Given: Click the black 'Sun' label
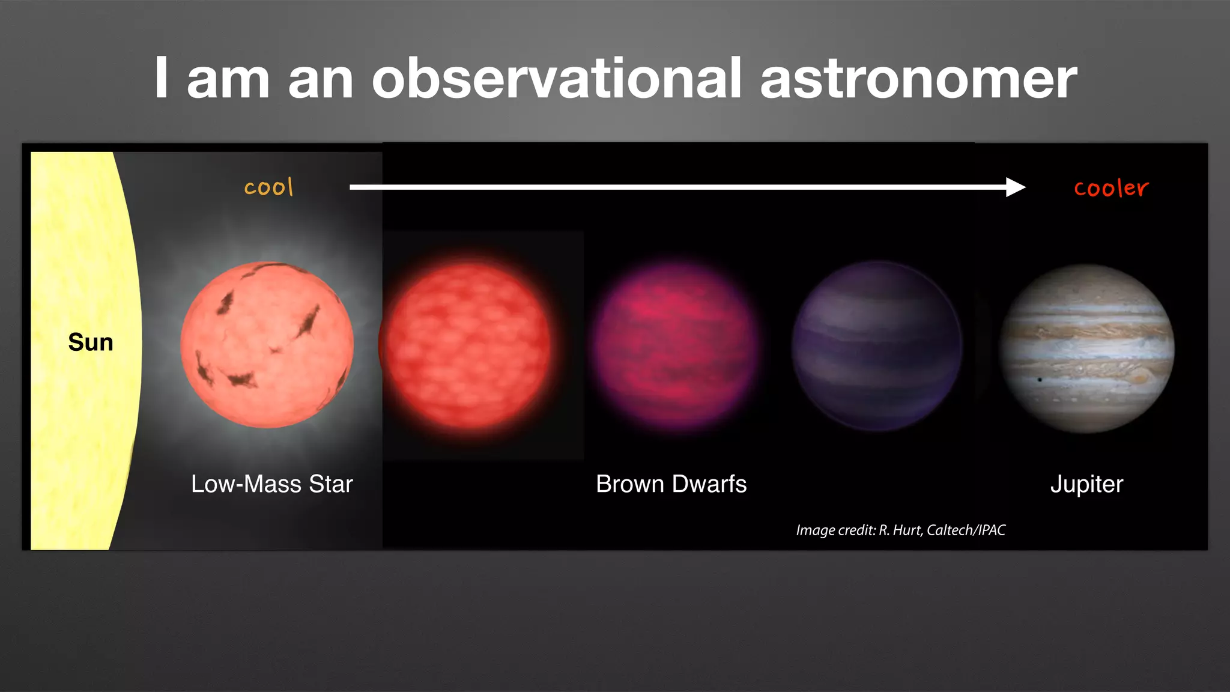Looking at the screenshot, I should coord(91,342).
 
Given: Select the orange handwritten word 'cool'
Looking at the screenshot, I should coord(269,187).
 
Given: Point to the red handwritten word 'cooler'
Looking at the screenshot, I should coord(1111,188).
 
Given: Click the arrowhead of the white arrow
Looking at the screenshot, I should coord(1016,187).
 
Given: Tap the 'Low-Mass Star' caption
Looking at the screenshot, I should coord(271,484).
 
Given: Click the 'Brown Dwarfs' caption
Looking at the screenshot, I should coord(671,484).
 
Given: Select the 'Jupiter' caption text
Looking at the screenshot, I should coord(1086,484).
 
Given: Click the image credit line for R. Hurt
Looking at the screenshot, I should coord(900,530).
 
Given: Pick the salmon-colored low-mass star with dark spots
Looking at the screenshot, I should coord(267,345).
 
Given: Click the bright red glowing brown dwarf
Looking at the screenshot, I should coord(467,345).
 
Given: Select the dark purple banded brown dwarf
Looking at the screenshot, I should coord(876,346).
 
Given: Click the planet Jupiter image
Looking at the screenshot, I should coord(1086,348).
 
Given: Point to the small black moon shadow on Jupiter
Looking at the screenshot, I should coord(1040,380).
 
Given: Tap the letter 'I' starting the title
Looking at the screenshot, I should coord(160,77).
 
